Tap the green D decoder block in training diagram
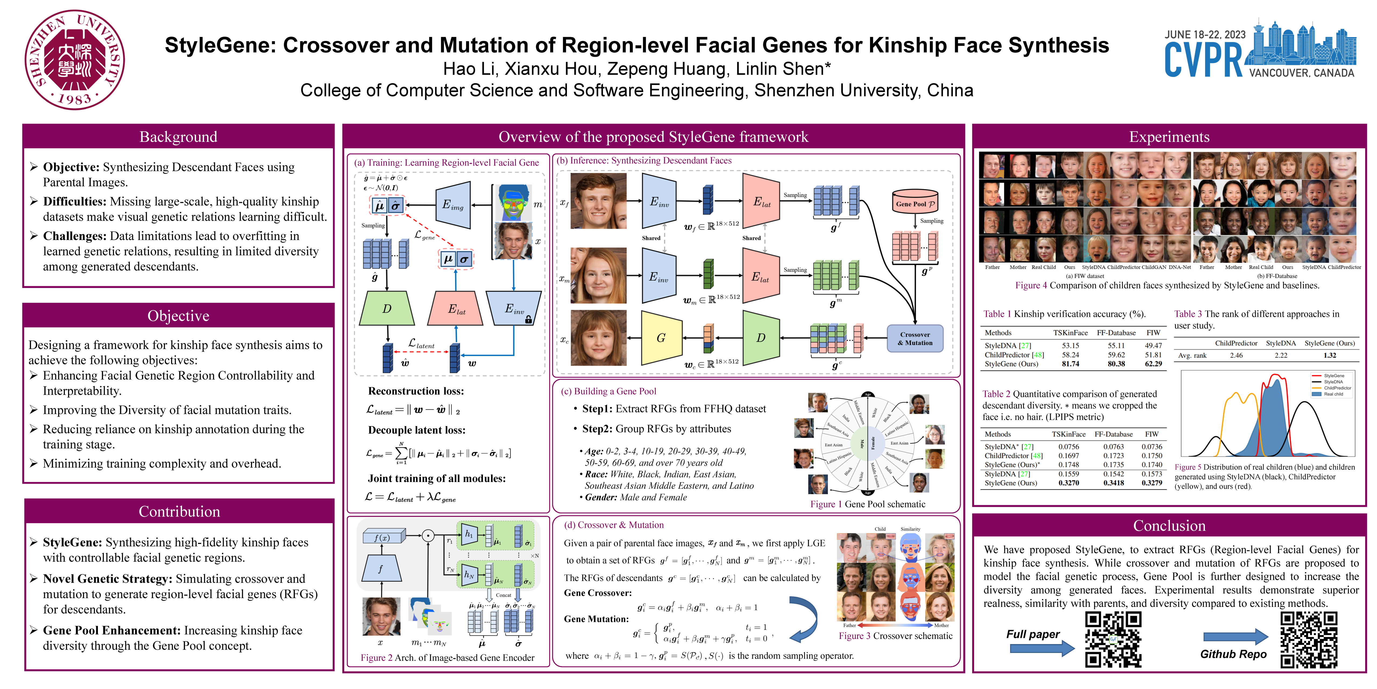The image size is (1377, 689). [387, 309]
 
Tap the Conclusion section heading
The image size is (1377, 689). [1169, 526]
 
